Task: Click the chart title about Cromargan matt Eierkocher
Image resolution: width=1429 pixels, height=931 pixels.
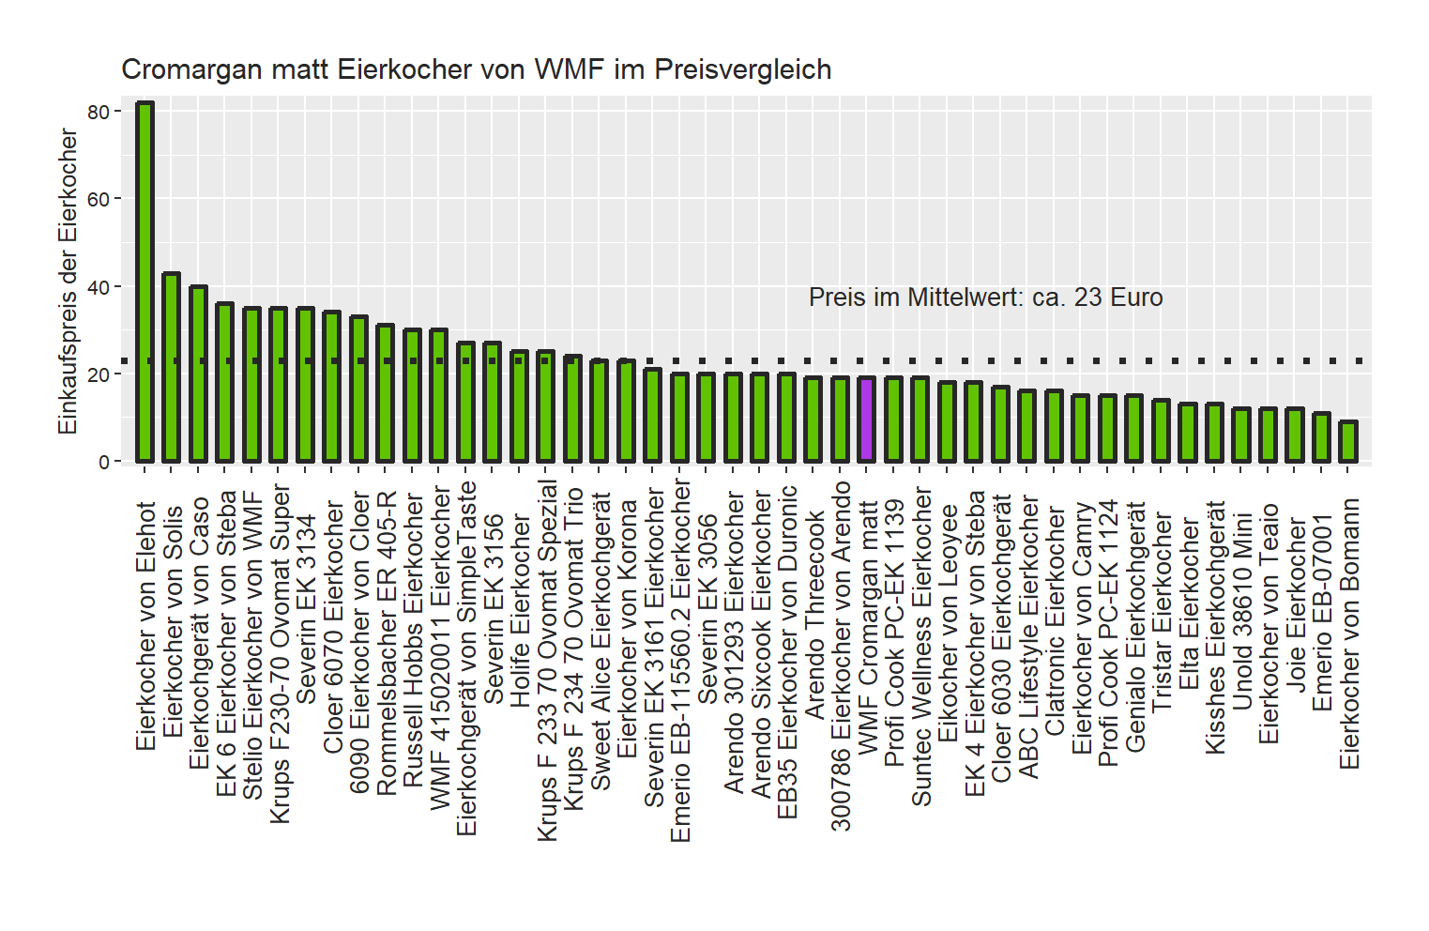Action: click(x=476, y=69)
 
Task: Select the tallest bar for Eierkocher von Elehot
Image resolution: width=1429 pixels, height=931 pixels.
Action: click(x=144, y=282)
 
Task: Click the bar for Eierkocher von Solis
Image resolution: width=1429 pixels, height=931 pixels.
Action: click(x=171, y=367)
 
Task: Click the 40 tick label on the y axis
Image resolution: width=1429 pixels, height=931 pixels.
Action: click(x=98, y=287)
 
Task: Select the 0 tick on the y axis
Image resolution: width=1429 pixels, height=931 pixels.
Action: click(x=103, y=462)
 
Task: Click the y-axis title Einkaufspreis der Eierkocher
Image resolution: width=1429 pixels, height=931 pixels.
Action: click(x=68, y=282)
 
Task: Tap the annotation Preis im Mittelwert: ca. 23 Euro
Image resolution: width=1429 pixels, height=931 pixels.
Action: click(x=985, y=298)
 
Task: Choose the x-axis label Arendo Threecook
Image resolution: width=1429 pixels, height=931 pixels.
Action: click(x=814, y=615)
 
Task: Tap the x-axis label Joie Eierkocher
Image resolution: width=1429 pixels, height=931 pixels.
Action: click(x=1296, y=604)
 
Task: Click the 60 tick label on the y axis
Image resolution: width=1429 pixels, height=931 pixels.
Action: click(x=98, y=199)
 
